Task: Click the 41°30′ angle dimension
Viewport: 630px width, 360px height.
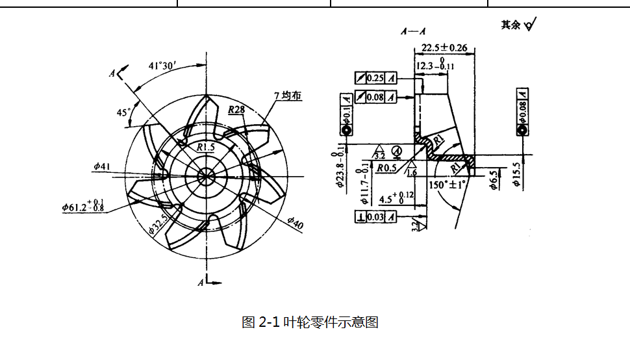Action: click(162, 66)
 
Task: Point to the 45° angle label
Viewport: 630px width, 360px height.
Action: click(123, 112)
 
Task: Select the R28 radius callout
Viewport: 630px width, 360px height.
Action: click(236, 110)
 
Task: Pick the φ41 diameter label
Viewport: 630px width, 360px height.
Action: click(102, 167)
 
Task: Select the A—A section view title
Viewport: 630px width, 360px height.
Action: click(412, 31)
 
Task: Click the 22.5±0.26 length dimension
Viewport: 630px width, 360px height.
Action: click(444, 47)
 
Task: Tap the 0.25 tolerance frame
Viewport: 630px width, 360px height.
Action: click(376, 78)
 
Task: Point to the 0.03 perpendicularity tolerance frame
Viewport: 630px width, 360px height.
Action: click(376, 217)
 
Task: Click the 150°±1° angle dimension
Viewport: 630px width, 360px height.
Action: click(447, 185)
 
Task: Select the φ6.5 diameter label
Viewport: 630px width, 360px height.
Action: click(494, 179)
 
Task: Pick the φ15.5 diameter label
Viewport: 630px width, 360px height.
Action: click(516, 175)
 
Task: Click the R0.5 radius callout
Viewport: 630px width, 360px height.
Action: click(387, 168)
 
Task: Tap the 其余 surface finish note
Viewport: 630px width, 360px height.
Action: click(518, 25)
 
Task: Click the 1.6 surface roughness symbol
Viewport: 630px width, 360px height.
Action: click(412, 172)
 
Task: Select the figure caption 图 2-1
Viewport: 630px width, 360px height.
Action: click(310, 322)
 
